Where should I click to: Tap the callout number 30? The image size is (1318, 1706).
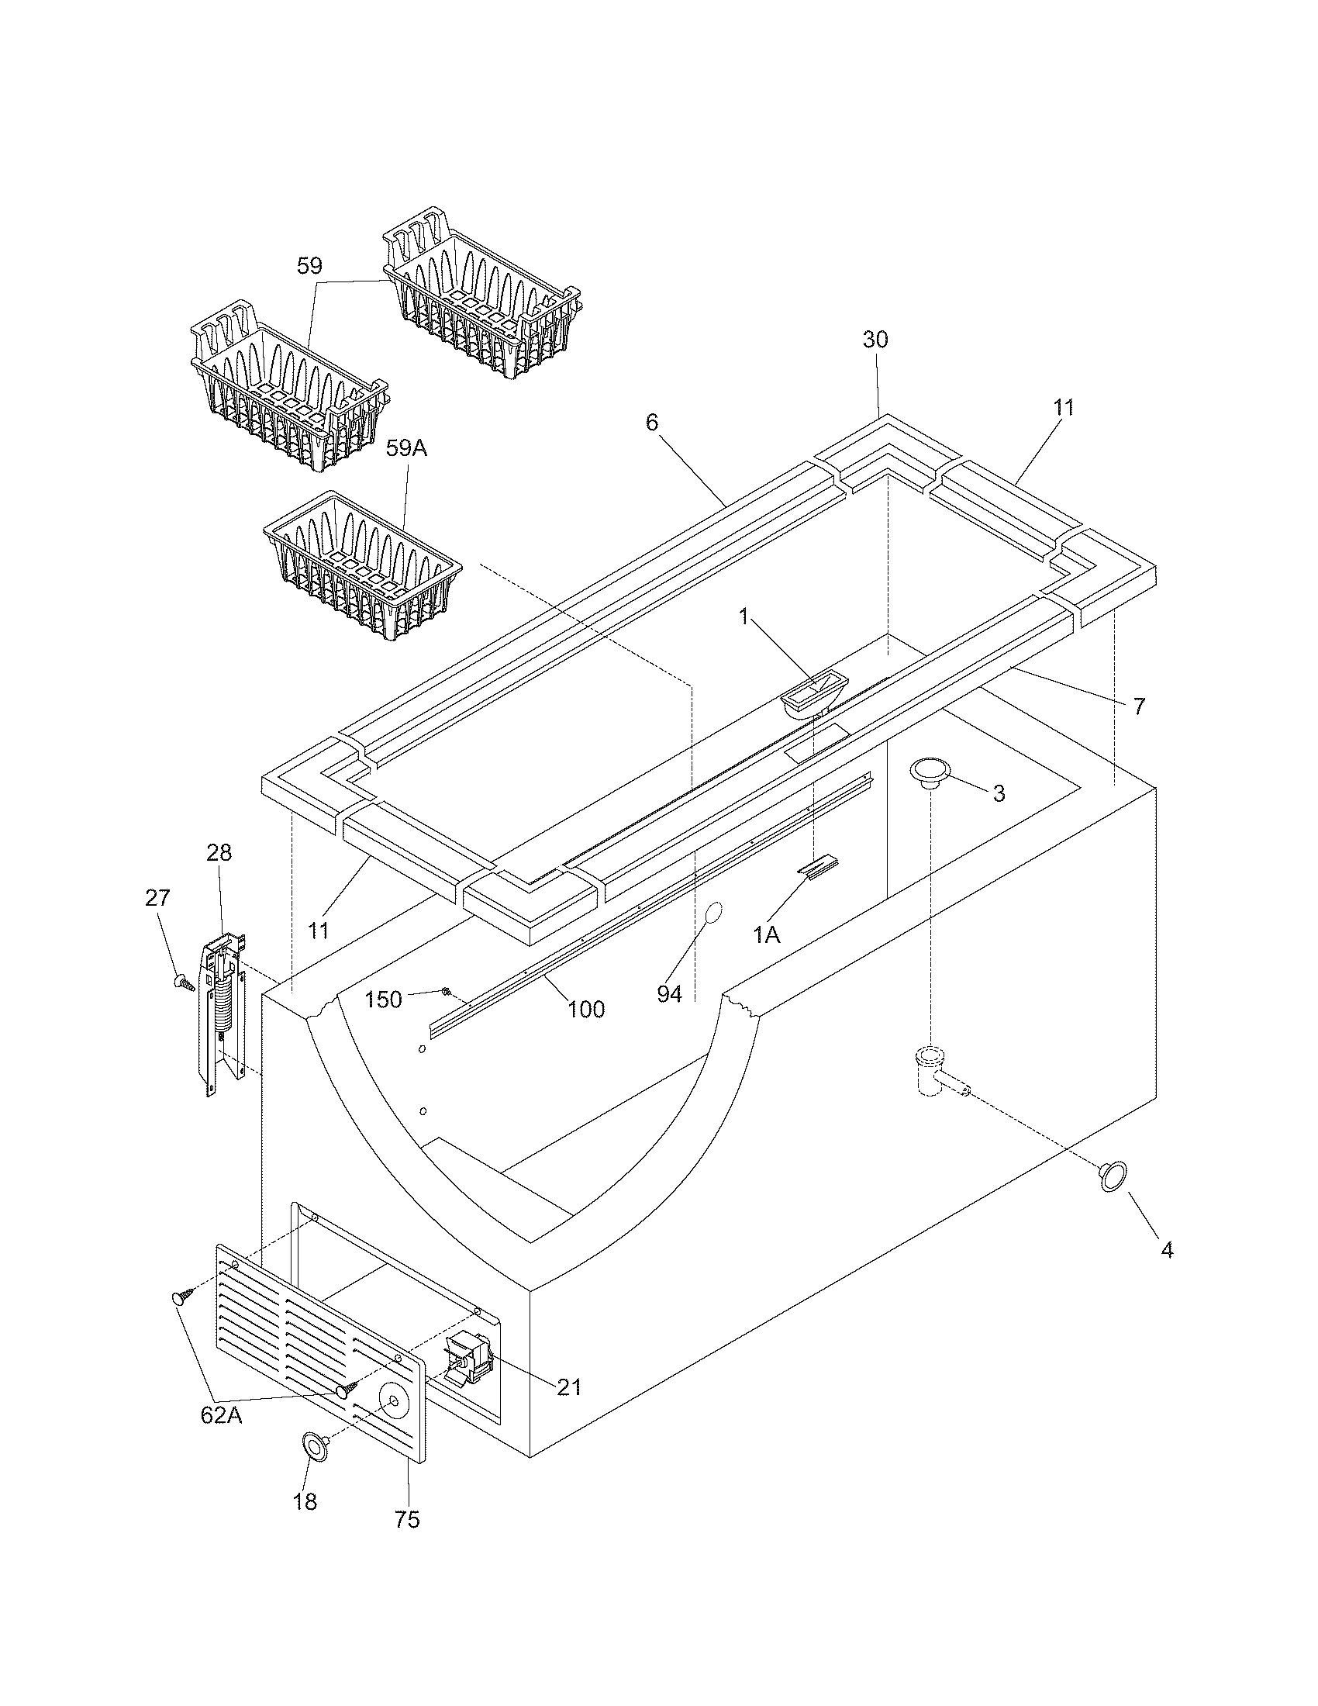click(x=875, y=340)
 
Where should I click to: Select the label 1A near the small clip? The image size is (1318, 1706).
click(x=767, y=935)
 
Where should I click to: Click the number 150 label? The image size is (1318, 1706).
click(x=383, y=1000)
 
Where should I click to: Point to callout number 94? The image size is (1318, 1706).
click(x=670, y=994)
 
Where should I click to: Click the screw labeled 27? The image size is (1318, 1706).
click(x=184, y=982)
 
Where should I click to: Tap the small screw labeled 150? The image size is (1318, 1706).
click(x=446, y=992)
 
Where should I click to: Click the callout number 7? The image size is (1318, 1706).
click(x=1138, y=706)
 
